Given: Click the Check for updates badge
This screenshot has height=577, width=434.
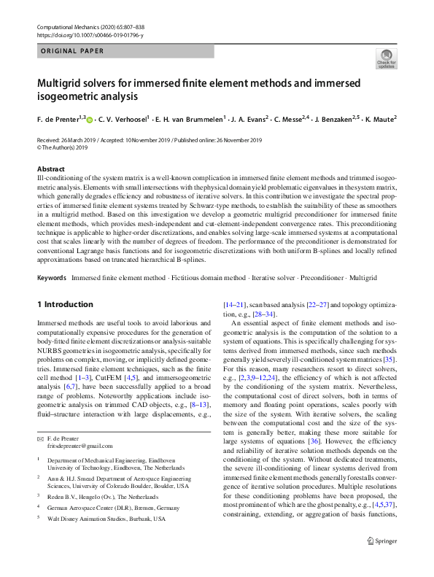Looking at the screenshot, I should [385, 58].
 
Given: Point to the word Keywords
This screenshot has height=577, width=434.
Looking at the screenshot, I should [51, 279].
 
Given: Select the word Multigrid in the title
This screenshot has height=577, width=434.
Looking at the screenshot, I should [61, 82].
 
